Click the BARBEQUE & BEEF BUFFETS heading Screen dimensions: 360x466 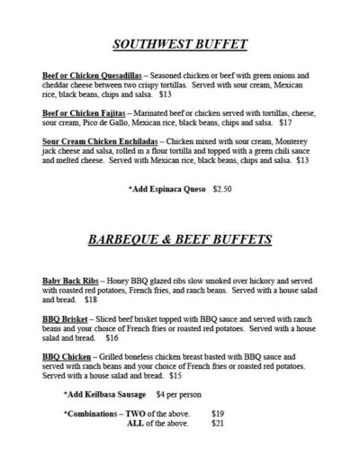click(179, 241)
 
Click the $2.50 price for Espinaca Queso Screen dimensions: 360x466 click(220, 191)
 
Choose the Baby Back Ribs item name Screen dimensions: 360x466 click(71, 282)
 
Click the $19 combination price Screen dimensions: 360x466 click(217, 413)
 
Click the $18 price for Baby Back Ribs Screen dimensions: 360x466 click(91, 300)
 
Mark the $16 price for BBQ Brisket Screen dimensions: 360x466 click(112, 338)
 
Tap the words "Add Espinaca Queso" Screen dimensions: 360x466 click(167, 191)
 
